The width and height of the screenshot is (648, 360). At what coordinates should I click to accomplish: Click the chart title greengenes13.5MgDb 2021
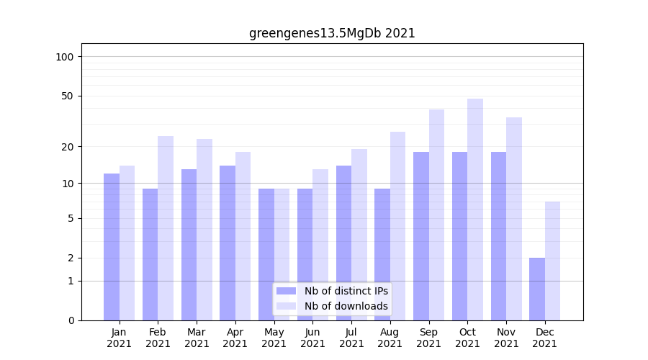coord(332,33)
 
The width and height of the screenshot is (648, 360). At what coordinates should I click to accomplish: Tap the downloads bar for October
coord(475,210)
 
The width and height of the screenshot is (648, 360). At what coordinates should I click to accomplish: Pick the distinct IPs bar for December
coord(537,289)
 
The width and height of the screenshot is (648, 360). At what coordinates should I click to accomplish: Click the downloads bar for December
coord(552,261)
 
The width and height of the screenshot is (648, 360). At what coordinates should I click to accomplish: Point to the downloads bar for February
coord(166,228)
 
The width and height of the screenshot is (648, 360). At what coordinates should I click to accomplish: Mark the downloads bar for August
coord(398,226)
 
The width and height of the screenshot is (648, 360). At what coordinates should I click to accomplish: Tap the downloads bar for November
coord(514,219)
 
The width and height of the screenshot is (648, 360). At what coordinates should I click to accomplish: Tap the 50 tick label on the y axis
coord(67,96)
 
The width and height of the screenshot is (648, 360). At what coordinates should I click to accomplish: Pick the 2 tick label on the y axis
coord(70,258)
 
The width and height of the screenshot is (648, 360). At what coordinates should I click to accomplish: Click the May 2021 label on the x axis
coord(274,338)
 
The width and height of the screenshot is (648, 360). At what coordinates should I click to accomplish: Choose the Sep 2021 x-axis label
coord(429,338)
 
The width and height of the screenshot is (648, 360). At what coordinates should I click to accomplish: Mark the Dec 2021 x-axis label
coord(545,338)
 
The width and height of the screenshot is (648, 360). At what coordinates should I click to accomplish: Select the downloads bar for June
coord(320,245)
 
